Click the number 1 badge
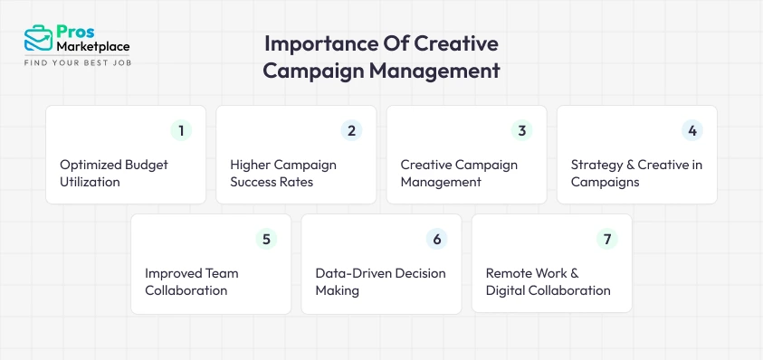[182, 130]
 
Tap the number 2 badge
[352, 130]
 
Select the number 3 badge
[522, 130]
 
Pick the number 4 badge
[692, 130]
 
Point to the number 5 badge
[267, 239]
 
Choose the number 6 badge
[437, 239]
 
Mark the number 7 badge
[607, 239]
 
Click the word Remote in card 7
[510, 273]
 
